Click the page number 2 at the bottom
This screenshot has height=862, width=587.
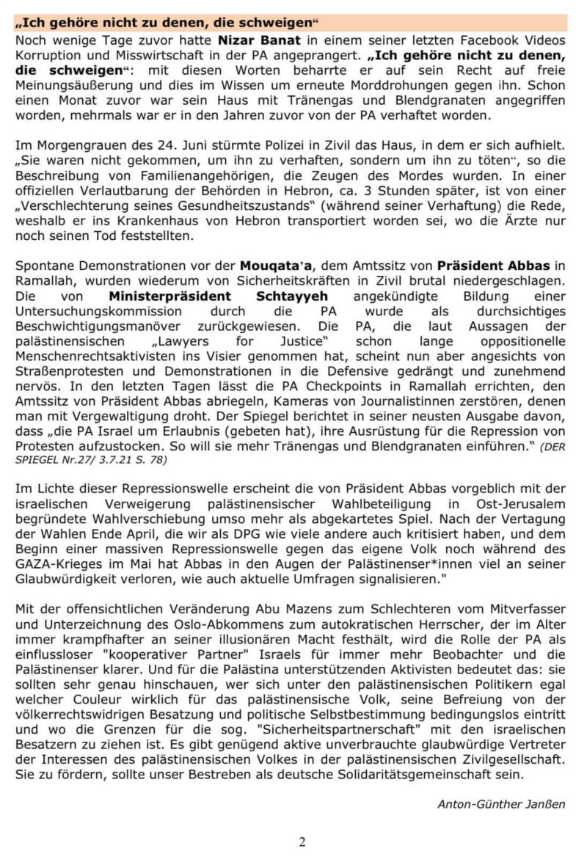tap(303, 841)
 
